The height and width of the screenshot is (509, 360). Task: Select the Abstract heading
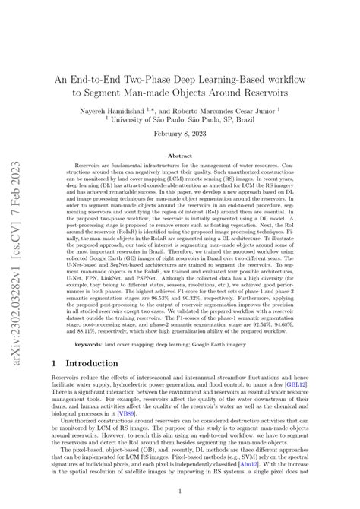coord(180,156)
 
